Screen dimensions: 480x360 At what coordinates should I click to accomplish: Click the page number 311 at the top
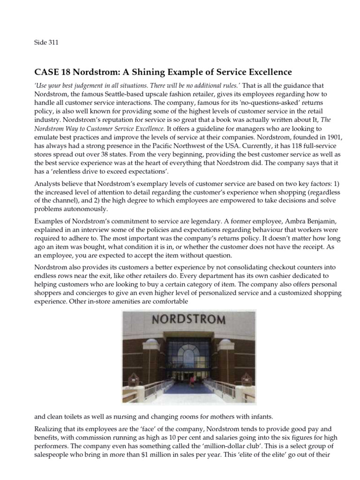click(52, 42)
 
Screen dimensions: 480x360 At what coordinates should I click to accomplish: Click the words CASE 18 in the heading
click(50, 72)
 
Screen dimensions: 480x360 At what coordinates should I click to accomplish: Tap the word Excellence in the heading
click(266, 72)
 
